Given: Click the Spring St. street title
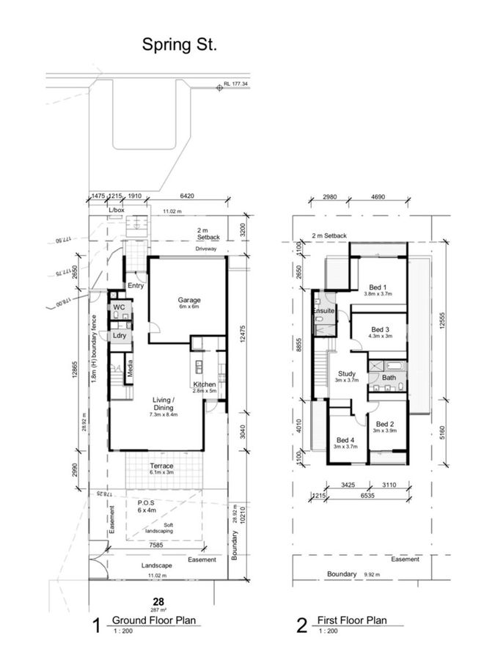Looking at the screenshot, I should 180,45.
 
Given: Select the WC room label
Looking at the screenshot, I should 118,307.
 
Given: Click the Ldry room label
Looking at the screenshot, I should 119,335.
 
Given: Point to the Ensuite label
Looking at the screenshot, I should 323,312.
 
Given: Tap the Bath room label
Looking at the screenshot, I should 388,378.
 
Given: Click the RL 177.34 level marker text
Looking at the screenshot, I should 238,85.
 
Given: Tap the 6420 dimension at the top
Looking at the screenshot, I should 189,197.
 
